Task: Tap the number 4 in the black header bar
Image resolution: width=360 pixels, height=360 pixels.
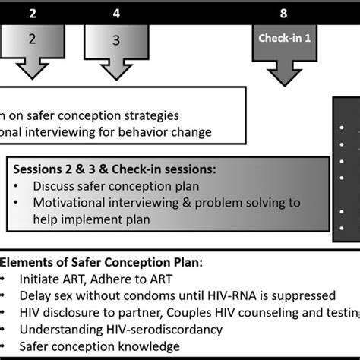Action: click(115, 13)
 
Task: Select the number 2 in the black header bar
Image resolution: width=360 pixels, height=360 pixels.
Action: click(33, 13)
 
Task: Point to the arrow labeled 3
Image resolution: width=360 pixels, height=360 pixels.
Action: click(115, 46)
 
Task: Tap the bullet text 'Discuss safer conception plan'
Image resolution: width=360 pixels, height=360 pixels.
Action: click(111, 185)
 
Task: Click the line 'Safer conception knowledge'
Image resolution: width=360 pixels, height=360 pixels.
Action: click(96, 346)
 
